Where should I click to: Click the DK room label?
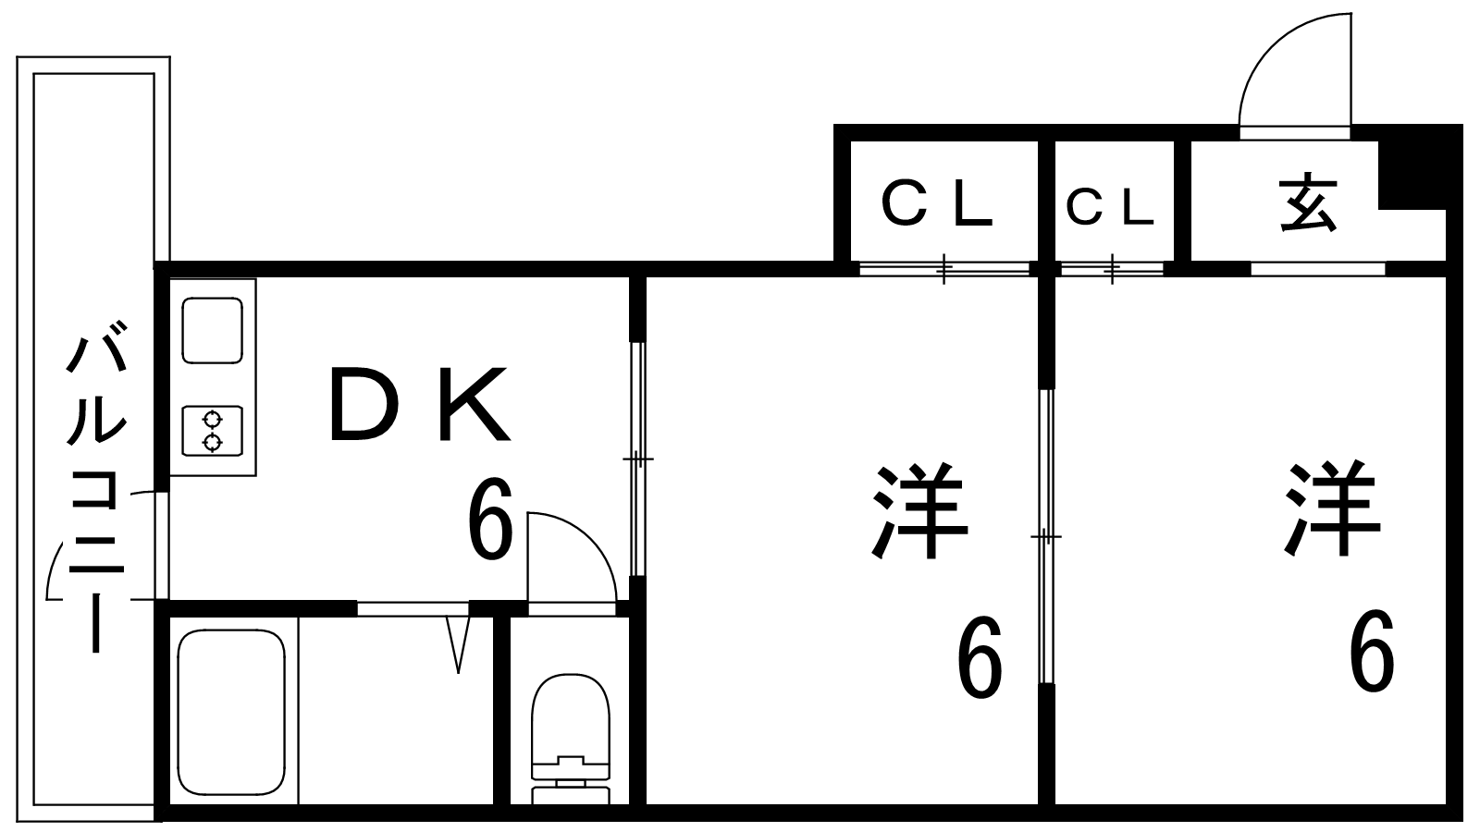[420, 404]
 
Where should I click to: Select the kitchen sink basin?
[212, 330]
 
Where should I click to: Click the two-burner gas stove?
[212, 431]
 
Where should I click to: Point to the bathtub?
[231, 713]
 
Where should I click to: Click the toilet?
[571, 739]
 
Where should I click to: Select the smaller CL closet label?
[1110, 207]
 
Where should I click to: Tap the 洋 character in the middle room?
[919, 511]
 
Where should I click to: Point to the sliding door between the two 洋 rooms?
[1046, 536]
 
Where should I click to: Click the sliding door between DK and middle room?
[637, 459]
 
